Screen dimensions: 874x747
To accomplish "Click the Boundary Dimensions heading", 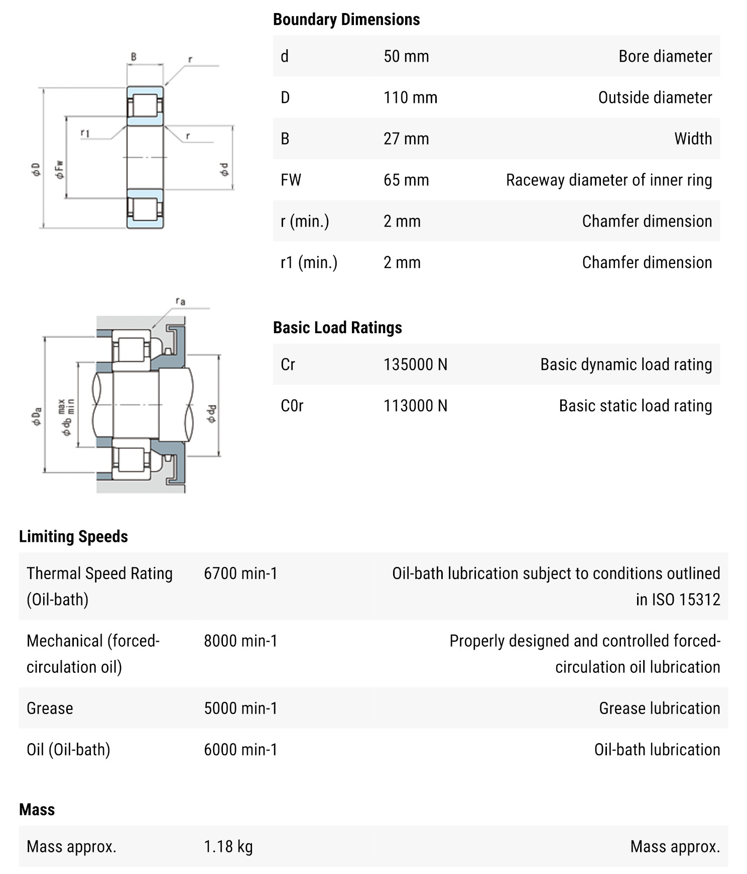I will click(346, 20).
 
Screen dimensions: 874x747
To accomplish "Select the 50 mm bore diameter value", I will click(406, 56).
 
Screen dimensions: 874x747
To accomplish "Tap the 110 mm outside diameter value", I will click(410, 97).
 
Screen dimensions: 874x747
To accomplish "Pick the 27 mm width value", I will click(406, 138).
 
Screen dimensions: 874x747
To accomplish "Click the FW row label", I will click(291, 180).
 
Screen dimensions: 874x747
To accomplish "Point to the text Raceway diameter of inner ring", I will click(608, 180).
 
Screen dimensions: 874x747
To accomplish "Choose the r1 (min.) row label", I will click(309, 262).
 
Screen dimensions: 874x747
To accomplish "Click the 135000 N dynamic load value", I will click(415, 364).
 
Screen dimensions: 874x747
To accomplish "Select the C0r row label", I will click(292, 405).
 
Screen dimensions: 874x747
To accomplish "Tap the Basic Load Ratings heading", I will click(337, 328).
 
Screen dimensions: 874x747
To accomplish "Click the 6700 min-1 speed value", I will click(240, 573).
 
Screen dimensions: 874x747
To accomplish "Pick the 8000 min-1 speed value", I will click(240, 641).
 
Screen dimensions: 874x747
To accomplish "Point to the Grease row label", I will click(50, 708).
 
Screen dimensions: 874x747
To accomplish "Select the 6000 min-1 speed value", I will click(240, 749).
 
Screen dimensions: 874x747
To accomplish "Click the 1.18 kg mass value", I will click(228, 846).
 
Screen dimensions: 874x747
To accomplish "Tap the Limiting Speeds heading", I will click(73, 536).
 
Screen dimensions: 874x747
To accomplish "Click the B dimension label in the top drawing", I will click(134, 57).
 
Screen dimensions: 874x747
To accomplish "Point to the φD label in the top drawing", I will click(36, 170).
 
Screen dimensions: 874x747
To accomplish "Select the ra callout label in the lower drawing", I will click(180, 301).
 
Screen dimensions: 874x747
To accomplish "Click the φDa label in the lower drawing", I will click(37, 416).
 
